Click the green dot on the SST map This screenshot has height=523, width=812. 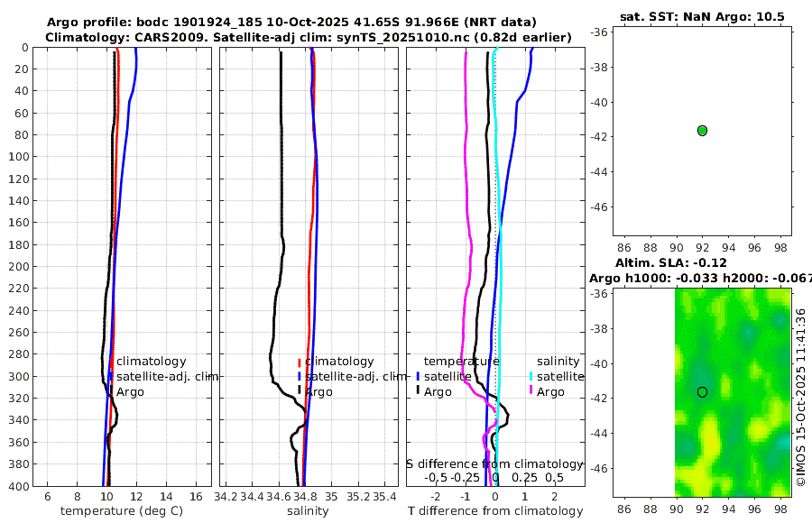(702, 131)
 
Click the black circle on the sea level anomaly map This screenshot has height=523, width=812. (702, 391)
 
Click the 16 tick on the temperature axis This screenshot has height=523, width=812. (195, 496)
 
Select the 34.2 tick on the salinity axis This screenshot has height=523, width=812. (226, 496)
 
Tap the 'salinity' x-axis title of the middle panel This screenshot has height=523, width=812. (307, 511)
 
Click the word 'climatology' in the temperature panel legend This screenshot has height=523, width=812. (151, 362)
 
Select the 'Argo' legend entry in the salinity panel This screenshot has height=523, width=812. (318, 392)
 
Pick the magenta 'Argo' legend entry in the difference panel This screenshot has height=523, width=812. (550, 392)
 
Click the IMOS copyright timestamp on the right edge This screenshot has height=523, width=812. (800, 397)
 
